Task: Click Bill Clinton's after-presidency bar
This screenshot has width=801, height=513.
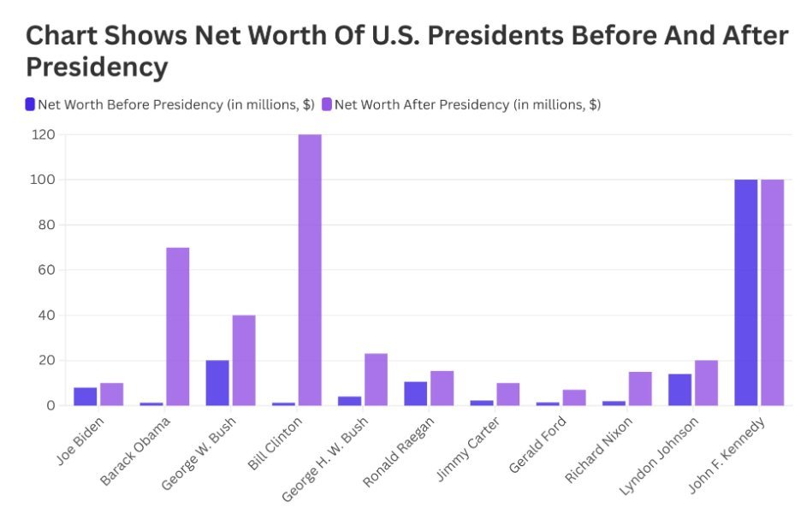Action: [310, 269]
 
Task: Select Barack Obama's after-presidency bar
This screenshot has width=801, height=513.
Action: [177, 326]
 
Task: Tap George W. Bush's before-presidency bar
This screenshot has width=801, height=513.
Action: [217, 382]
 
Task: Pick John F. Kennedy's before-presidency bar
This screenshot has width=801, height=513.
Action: [745, 292]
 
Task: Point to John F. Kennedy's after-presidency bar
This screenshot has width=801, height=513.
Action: [772, 292]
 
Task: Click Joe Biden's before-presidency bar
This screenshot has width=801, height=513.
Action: [85, 396]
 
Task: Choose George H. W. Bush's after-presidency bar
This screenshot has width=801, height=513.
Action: [376, 379]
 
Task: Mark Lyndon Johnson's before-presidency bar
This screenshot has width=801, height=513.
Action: [679, 389]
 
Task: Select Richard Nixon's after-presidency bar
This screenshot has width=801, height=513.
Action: [640, 388]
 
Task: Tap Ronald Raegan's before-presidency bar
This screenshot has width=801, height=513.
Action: [415, 393]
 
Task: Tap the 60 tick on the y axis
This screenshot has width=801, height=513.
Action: [46, 270]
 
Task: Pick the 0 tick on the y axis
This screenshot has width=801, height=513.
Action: [50, 405]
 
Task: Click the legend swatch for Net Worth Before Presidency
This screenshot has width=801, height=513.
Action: [30, 104]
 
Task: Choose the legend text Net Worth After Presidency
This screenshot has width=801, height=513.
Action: [467, 104]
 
